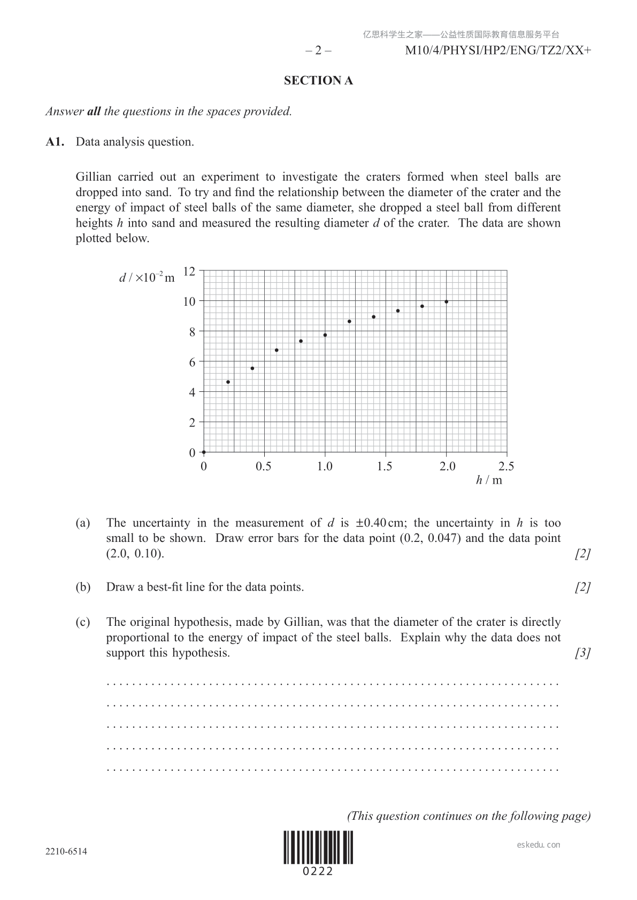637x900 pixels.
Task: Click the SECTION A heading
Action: point(318,81)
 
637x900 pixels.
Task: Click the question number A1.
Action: point(55,142)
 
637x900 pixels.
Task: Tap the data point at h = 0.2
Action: point(228,382)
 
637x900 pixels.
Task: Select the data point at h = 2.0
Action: point(447,302)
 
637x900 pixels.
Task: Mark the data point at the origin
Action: point(204,452)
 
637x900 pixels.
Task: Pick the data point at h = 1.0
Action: point(325,335)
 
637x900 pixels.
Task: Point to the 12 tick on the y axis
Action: point(190,271)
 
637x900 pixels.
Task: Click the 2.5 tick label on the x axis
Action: point(506,467)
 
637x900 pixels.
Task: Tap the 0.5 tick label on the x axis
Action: point(264,467)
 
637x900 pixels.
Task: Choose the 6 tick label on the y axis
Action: point(193,362)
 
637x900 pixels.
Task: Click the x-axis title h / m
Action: point(489,480)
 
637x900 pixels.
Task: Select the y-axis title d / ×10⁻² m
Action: point(147,278)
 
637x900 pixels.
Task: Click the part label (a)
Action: point(83,523)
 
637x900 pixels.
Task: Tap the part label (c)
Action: point(83,622)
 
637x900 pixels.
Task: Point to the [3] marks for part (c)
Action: point(582,653)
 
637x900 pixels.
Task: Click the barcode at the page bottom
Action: point(319,847)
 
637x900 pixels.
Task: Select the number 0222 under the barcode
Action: point(318,872)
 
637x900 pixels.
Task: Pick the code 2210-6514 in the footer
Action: point(66,851)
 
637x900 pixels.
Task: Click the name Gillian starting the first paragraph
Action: point(94,177)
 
